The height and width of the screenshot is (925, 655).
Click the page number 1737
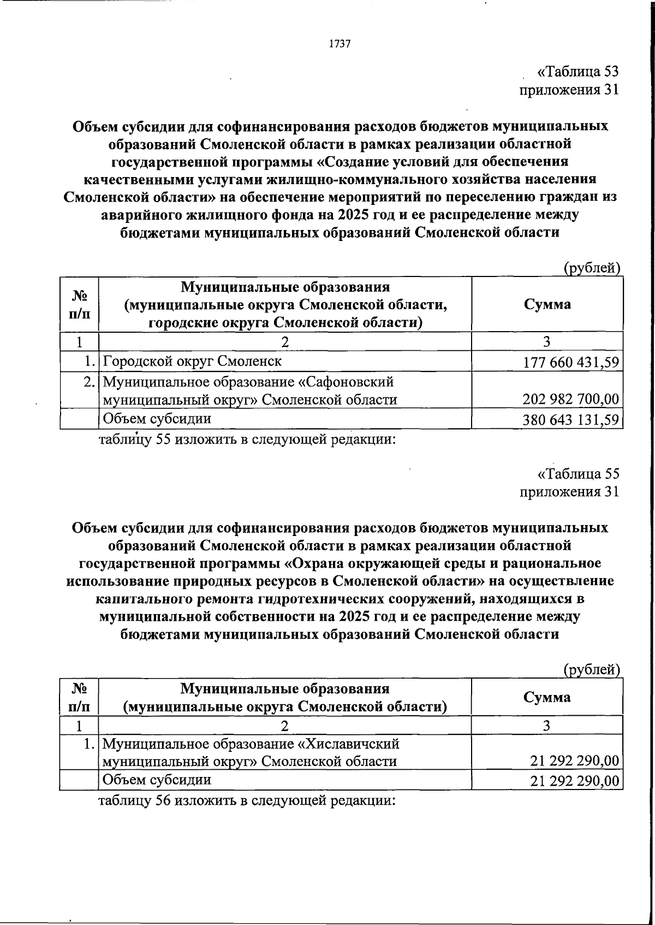(x=340, y=44)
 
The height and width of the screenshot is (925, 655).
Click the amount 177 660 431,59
(x=571, y=362)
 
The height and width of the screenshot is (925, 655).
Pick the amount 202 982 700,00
(x=571, y=399)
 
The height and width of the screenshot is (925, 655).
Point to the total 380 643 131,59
(x=571, y=420)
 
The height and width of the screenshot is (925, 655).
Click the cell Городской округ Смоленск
(x=192, y=361)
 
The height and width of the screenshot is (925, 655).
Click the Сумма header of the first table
(x=547, y=304)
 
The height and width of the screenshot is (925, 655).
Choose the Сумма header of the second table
(x=547, y=697)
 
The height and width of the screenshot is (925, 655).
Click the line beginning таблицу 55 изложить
(x=246, y=439)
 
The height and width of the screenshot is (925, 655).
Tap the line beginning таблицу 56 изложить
(x=246, y=801)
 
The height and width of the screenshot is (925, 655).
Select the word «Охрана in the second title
(x=317, y=563)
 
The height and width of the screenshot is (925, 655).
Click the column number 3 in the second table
(x=547, y=726)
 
